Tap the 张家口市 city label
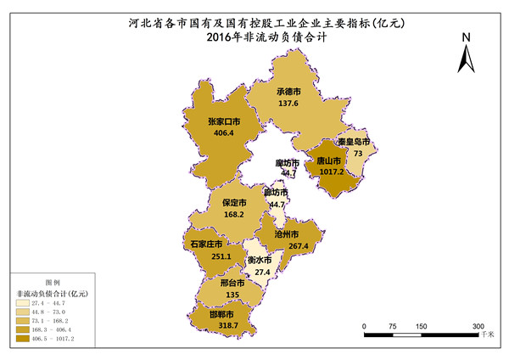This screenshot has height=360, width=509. pyautogui.click(x=224, y=121)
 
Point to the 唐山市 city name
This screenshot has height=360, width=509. pyautogui.click(x=329, y=159)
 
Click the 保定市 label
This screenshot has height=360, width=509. pyautogui.click(x=234, y=204)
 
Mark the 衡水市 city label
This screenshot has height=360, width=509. pyautogui.click(x=259, y=260)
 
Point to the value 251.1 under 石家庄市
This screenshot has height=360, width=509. pyautogui.click(x=210, y=256)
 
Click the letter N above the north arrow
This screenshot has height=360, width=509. pyautogui.click(x=466, y=37)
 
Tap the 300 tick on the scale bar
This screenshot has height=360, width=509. pyautogui.click(x=478, y=325)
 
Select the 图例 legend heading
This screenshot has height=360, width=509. pyautogui.click(x=52, y=281)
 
